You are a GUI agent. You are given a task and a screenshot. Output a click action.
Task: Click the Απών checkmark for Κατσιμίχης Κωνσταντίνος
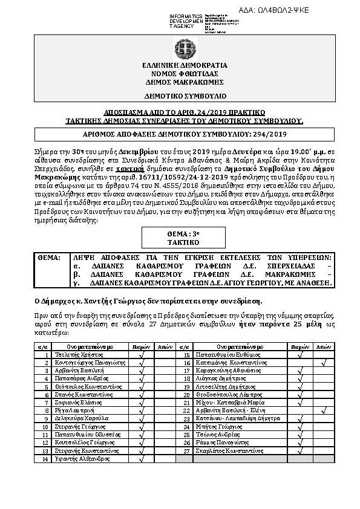pos(324,363)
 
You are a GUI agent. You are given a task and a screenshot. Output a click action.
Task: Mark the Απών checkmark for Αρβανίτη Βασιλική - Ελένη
pos(324,427)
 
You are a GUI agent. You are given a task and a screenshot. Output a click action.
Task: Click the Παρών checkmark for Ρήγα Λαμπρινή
pos(141,427)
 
